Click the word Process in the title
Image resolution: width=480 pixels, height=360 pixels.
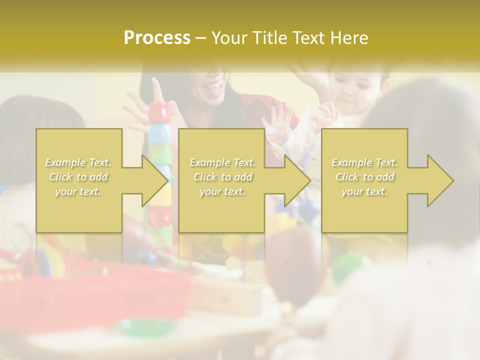tap(157, 38)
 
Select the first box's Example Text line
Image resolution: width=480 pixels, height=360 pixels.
tap(78, 162)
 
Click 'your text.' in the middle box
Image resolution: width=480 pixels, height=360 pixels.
tap(222, 191)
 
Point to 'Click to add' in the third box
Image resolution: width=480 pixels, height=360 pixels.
tap(364, 177)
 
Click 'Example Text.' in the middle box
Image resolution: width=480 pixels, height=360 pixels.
tap(222, 162)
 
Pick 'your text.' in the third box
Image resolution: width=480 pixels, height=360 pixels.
tap(364, 191)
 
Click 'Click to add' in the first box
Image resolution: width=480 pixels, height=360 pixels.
tap(78, 177)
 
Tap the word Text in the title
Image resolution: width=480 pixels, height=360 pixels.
tap(311, 38)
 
